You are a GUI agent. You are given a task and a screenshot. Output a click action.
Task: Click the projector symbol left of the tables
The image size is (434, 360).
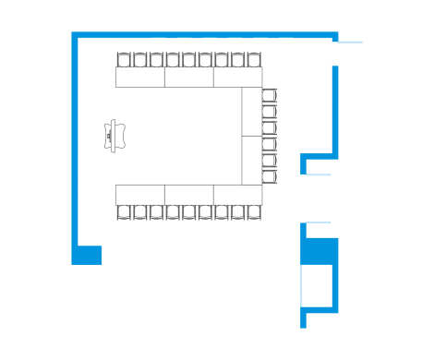click(115, 135)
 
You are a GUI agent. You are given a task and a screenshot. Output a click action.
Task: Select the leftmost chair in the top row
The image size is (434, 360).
click(123, 60)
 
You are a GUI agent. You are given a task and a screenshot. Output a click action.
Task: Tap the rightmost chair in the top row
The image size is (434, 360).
click(254, 60)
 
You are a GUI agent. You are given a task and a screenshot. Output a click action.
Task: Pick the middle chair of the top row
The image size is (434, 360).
click(188, 60)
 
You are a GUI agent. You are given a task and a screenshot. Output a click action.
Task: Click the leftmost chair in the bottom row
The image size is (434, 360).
click(123, 212)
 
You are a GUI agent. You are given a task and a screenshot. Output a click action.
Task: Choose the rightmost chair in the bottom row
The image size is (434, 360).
click(254, 212)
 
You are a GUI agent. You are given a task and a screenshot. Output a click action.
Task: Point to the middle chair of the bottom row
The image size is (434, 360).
click(188, 212)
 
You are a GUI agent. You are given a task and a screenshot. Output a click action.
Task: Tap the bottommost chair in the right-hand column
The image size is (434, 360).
click(270, 177)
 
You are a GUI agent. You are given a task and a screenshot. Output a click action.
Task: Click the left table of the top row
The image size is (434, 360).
click(140, 78)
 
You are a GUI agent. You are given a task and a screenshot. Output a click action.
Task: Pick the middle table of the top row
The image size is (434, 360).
click(189, 78)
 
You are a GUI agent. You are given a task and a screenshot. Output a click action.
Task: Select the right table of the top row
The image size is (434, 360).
click(238, 78)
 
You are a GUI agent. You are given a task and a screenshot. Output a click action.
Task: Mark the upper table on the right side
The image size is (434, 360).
click(252, 112)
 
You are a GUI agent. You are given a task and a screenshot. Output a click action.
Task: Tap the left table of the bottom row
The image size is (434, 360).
click(140, 194)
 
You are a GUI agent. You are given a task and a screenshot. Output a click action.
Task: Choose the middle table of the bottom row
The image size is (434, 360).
click(189, 194)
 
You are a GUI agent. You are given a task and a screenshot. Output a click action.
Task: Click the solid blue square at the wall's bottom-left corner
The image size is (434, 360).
click(88, 255)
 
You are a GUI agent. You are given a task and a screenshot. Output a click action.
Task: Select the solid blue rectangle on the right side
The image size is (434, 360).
click(322, 252)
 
